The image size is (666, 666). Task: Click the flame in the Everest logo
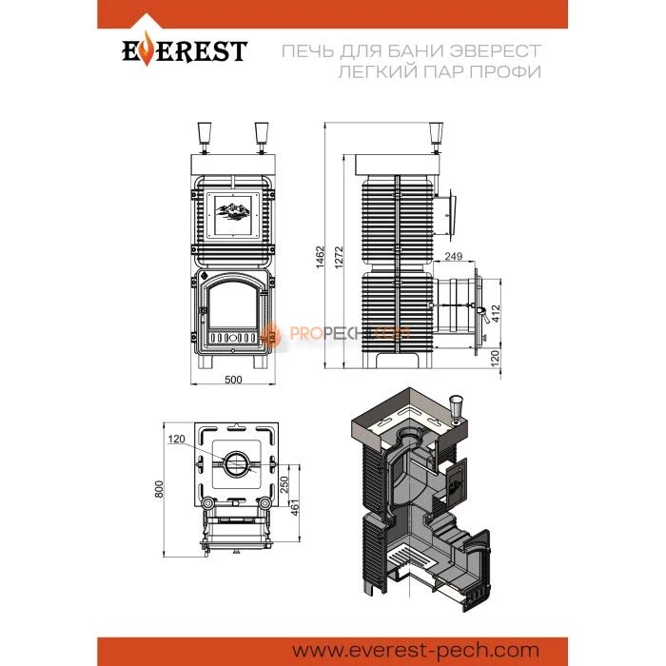pos(146,49)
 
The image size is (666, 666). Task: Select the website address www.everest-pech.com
pos(416,650)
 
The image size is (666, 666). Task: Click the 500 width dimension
pos(233,380)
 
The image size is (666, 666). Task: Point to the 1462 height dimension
pos(320,257)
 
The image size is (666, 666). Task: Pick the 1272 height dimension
pos(339,257)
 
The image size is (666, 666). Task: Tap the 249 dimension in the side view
pos(454,256)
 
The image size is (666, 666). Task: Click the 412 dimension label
pos(496,313)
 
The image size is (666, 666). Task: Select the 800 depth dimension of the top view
pos(159,489)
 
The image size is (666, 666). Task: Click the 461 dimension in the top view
pos(295,508)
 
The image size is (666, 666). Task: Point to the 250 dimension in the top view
pos(284,484)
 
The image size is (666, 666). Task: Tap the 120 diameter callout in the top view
pos(176,439)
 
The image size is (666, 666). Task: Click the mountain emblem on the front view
pos(232,212)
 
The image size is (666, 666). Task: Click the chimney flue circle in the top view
pos(237,463)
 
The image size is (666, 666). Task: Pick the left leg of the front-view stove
pos(206,361)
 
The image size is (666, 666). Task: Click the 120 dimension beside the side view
pos(496,358)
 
